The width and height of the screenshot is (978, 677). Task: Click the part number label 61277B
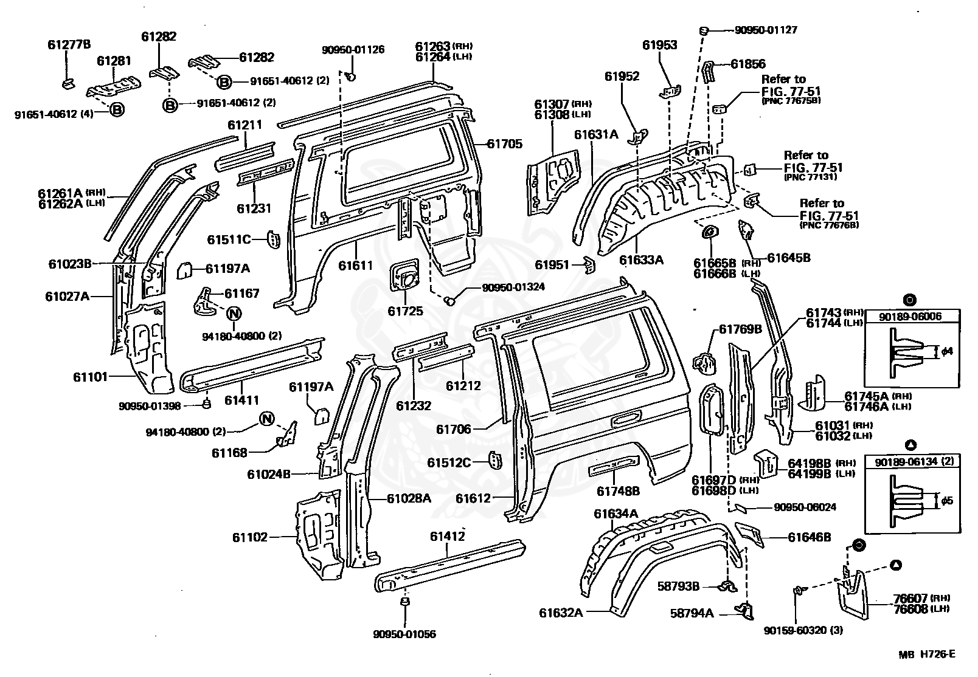(69, 44)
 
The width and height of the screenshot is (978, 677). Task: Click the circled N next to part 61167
(234, 314)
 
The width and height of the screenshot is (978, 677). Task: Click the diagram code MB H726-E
(927, 654)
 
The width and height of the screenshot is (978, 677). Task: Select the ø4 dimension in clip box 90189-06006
(946, 351)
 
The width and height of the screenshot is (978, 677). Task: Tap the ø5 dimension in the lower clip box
(946, 501)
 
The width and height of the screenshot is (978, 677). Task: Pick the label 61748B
(618, 490)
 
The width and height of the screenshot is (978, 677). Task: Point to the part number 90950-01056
(404, 634)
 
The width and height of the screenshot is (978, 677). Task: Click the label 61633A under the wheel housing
(641, 260)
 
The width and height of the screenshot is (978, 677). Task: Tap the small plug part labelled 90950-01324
(451, 300)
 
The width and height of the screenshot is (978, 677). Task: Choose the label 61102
(249, 537)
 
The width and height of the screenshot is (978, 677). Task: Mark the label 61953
(660, 45)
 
